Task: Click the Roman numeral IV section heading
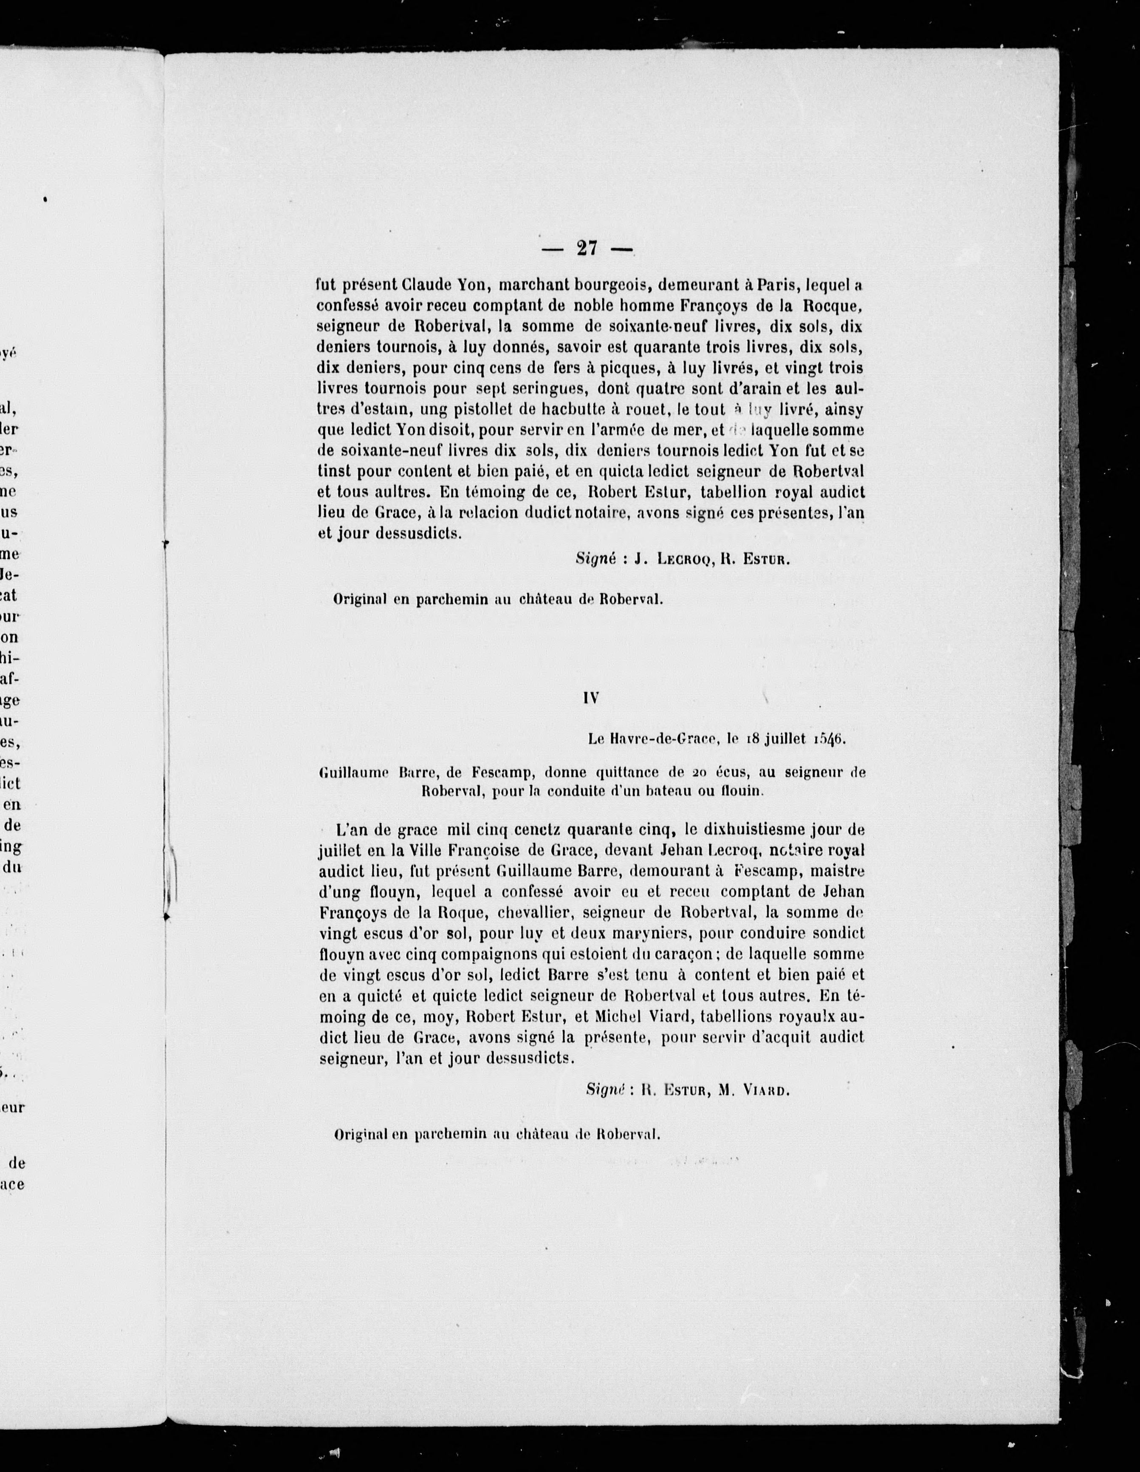tap(591, 699)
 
